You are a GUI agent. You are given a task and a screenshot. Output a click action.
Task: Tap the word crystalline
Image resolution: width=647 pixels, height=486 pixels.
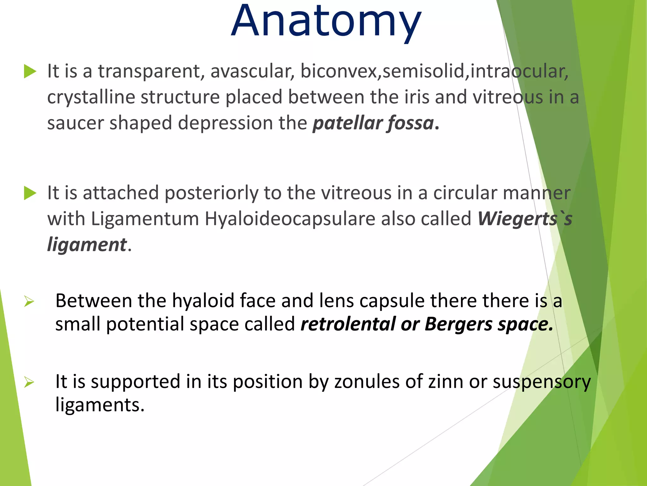pos(91,97)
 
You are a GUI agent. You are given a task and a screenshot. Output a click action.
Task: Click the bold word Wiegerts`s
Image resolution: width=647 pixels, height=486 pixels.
pos(524,219)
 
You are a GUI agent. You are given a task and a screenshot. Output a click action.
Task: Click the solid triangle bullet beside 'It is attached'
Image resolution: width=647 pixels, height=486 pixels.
pos(30,193)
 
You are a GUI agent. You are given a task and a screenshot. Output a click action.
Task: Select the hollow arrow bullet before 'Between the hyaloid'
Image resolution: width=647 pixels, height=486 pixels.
pos(29,301)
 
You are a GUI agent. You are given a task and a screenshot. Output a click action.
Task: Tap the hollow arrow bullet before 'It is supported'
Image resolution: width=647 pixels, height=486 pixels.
pos(29,382)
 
